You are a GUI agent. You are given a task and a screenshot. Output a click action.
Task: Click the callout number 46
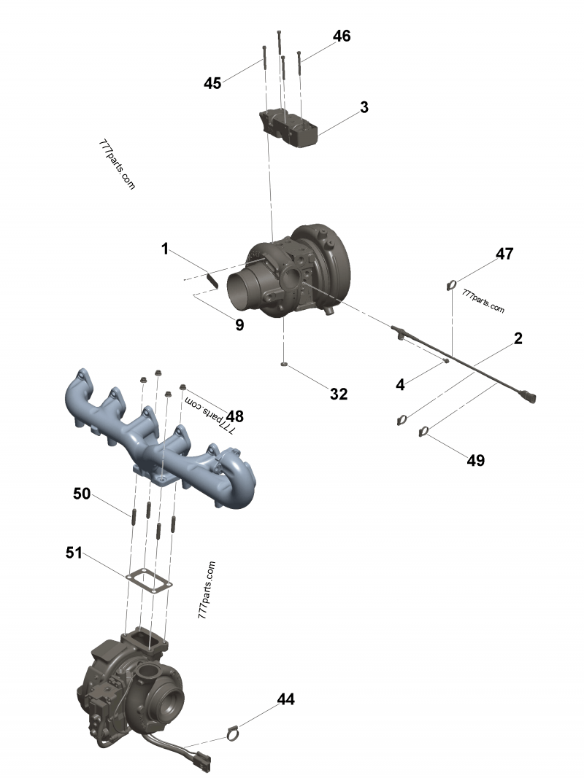point(341,36)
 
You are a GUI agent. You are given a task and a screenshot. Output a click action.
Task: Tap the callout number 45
point(212,84)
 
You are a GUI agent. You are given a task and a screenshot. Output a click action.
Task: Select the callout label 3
point(364,107)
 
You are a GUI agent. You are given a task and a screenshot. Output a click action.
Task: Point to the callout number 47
point(504,254)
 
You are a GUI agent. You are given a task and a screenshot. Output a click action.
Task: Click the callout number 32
point(339,394)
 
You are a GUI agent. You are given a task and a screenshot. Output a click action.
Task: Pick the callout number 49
point(475,460)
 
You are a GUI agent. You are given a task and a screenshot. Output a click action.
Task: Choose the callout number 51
point(74,553)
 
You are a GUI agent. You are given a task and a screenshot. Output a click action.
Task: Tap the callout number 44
point(285,699)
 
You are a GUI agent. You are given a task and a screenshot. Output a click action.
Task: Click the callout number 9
point(239,325)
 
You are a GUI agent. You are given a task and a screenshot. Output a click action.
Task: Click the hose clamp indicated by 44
point(232,732)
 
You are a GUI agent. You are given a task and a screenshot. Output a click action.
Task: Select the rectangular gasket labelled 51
point(149,580)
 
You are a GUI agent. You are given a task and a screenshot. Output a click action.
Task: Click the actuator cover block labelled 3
point(289,130)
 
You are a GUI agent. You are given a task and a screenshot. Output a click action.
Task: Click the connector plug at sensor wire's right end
point(531,398)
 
